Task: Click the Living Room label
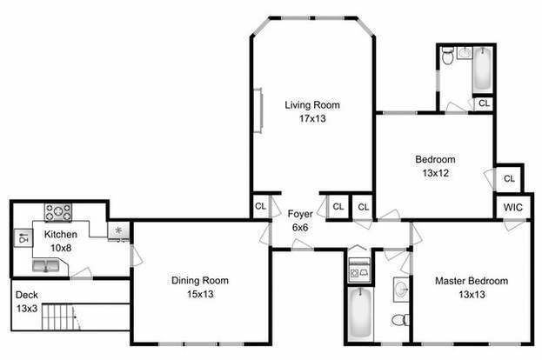[x=312, y=104]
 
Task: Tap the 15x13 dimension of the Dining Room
[x=200, y=295]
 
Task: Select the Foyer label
[x=300, y=214]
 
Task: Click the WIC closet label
[x=513, y=207]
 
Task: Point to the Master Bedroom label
[x=472, y=281]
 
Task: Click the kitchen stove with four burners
[x=58, y=212]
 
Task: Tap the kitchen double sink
[x=46, y=266]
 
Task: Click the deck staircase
[x=62, y=317]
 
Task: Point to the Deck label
[x=27, y=295]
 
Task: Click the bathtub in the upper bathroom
[x=482, y=70]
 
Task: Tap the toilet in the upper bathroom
[x=448, y=57]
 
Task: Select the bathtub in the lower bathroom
[x=360, y=314]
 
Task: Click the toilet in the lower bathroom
[x=401, y=320]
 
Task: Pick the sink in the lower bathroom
[x=401, y=290]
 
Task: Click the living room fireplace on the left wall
[x=258, y=110]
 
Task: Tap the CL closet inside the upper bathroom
[x=484, y=103]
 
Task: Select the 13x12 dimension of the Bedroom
[x=436, y=173]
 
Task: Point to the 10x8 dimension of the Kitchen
[x=61, y=248]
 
